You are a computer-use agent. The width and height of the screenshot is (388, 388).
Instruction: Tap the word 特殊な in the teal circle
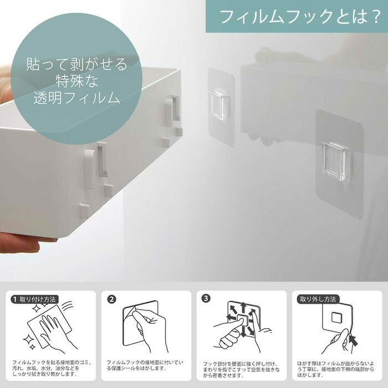pos(77,81)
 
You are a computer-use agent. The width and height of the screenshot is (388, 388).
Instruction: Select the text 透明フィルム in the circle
pos(77,98)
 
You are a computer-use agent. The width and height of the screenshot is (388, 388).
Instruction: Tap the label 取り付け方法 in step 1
pos(37,299)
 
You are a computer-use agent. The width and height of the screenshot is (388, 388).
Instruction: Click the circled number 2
pos(112,299)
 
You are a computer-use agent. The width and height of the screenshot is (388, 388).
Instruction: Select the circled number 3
pos(206,298)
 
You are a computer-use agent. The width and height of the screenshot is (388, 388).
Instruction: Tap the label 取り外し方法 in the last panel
pos(318,299)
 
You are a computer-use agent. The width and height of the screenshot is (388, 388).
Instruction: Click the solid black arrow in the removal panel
pos(353,340)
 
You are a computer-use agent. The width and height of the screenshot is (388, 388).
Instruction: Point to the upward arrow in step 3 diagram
pos(243,307)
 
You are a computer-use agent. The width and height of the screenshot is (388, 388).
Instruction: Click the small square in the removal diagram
pos(336,318)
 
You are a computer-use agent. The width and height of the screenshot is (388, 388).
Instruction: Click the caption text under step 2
pos(145,365)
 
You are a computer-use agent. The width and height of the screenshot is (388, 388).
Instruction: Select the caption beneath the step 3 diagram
pos(241,370)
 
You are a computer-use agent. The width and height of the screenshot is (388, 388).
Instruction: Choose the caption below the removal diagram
pos(335,369)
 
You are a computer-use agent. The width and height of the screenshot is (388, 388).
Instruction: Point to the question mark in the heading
pos(375,17)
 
